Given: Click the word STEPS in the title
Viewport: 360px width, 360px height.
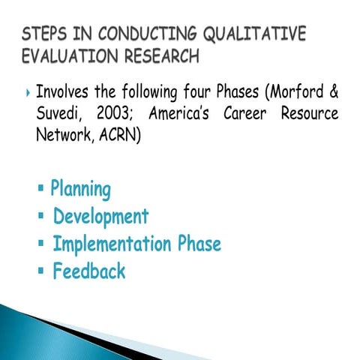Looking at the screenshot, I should [46, 34].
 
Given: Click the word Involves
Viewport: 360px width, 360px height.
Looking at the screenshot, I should [64, 94].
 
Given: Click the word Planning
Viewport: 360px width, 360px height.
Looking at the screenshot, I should [81, 190].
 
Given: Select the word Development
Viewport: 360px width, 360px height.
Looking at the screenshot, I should [100, 217].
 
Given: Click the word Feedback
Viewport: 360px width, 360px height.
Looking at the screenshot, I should [88, 271].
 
